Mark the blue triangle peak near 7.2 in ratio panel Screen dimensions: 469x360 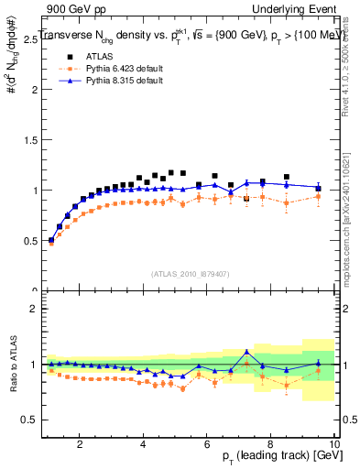[246, 352]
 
